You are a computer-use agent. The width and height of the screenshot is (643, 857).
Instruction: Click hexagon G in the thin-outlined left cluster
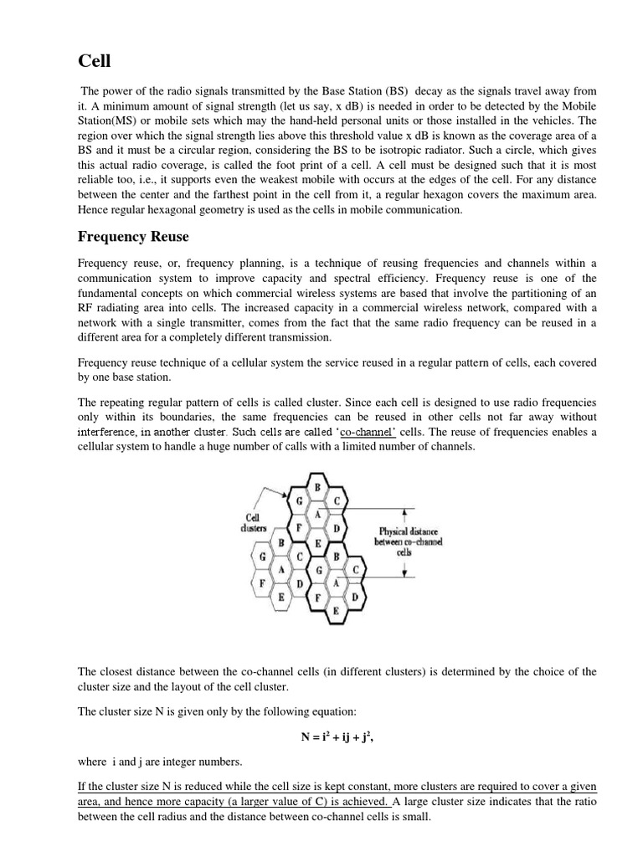click(264, 557)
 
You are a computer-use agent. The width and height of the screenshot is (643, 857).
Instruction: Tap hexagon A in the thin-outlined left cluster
click(282, 569)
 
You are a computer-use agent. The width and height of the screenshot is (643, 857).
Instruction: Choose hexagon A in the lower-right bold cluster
click(336, 582)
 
